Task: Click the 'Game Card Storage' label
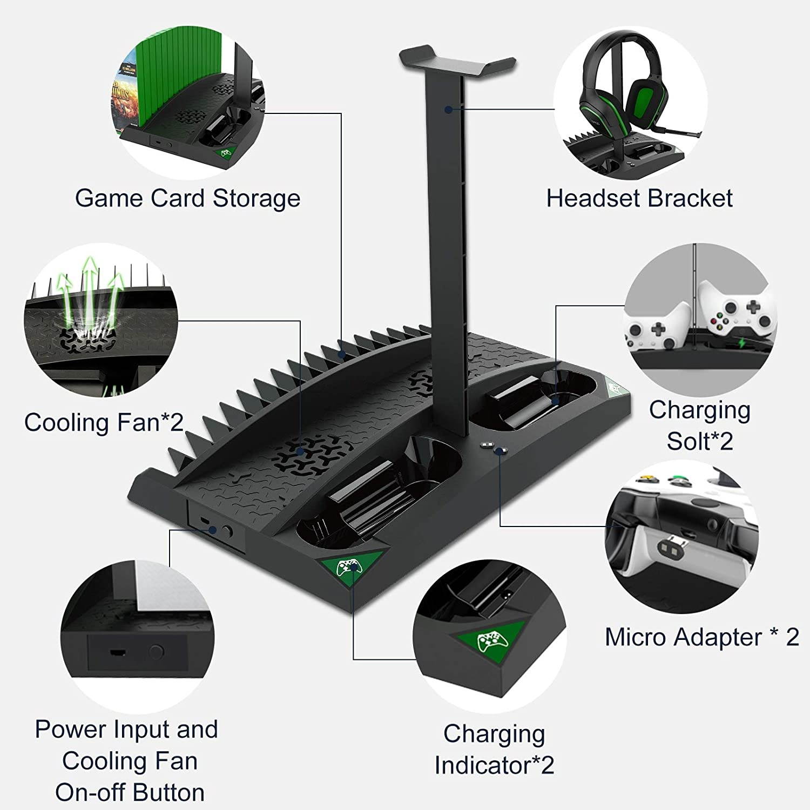pos(187,199)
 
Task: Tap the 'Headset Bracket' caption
pos(639,199)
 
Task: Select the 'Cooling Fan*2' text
pos(104,422)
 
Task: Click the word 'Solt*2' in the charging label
pos(700,441)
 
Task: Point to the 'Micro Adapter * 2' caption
pos(701,637)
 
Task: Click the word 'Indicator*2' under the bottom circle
pos(494,765)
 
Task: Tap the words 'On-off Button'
pos(130,792)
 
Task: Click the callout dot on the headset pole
pos(448,110)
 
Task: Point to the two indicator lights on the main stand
pos(492,447)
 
